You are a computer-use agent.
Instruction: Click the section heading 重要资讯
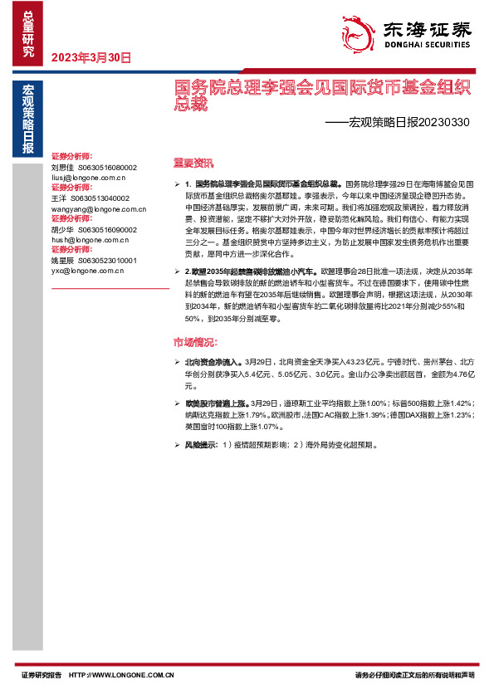tap(193, 162)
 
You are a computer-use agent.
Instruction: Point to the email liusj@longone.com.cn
tap(88, 177)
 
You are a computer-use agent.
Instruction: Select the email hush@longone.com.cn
tap(88, 239)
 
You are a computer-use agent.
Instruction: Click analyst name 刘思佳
tap(63, 167)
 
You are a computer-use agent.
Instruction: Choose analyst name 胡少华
tap(63, 229)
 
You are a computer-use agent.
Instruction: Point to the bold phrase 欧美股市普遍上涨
tap(215, 403)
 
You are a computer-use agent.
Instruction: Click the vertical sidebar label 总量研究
tap(28, 34)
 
